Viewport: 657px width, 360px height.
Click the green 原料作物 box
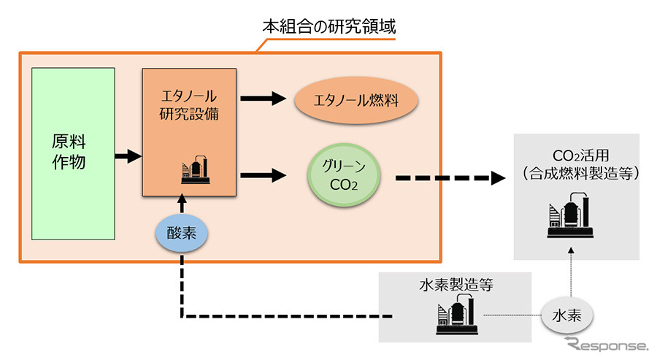[73, 153]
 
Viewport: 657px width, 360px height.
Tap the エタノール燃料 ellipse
[356, 102]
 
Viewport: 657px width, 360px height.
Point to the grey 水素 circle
[567, 317]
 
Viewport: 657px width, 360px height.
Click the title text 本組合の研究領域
[329, 28]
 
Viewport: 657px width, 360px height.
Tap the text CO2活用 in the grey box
[577, 155]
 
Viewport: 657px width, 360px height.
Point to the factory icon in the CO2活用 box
[576, 217]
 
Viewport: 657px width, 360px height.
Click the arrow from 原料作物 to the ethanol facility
[127, 155]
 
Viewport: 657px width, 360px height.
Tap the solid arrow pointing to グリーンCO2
[264, 175]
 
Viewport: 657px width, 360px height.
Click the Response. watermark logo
[604, 344]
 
